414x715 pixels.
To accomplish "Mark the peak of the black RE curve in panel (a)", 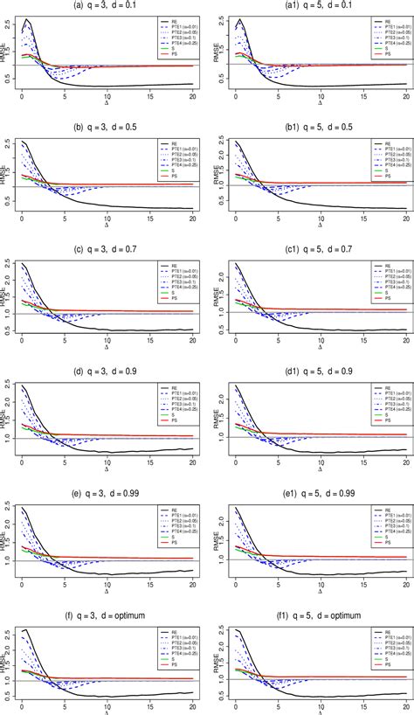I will click(27, 19).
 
